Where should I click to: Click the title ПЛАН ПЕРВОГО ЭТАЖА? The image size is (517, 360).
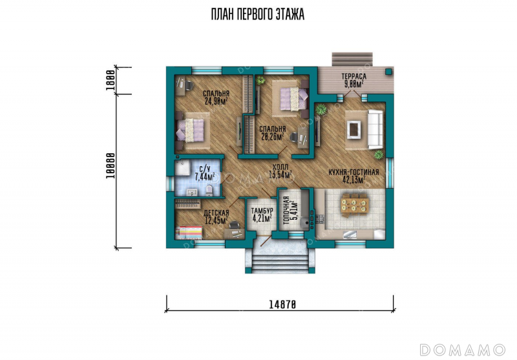(257, 14)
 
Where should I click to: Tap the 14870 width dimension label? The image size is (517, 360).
(282, 304)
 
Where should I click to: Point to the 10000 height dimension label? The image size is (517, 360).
(111, 166)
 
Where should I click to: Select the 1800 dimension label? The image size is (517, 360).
(111, 80)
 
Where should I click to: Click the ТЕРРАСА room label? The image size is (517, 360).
(353, 76)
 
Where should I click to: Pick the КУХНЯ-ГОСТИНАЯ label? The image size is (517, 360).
(353, 173)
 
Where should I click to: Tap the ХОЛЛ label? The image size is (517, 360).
(280, 167)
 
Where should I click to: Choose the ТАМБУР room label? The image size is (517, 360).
(262, 211)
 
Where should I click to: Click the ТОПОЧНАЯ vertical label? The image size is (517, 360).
(286, 210)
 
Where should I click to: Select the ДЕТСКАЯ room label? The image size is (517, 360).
(216, 213)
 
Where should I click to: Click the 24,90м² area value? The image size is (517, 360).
(216, 101)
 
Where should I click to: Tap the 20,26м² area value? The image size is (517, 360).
(273, 136)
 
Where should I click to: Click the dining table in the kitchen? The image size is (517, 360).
(354, 204)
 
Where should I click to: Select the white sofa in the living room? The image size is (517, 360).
(375, 129)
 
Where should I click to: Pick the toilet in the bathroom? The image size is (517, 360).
(209, 190)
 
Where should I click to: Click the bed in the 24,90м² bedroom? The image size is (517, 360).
(192, 130)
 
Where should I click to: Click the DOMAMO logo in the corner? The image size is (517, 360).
(462, 350)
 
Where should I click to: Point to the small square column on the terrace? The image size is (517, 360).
(389, 72)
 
